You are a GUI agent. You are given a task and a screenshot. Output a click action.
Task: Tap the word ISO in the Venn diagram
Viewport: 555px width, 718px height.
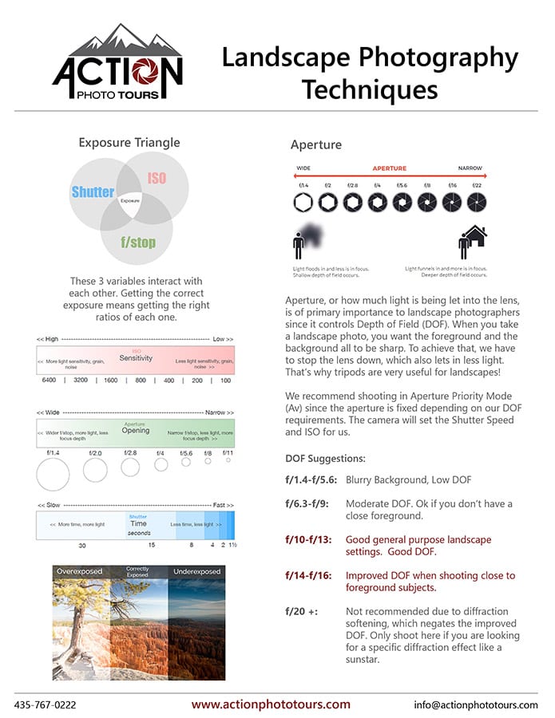(x=157, y=177)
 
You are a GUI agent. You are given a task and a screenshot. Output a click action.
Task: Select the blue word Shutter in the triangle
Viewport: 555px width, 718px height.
(x=93, y=192)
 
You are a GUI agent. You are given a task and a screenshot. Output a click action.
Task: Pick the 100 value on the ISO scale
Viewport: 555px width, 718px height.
(x=225, y=381)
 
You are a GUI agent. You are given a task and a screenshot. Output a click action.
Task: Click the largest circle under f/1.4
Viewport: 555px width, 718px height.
(x=54, y=475)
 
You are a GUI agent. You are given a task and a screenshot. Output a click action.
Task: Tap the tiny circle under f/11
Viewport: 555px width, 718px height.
(x=228, y=460)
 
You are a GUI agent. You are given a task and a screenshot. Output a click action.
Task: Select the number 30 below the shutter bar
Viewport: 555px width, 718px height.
(x=82, y=546)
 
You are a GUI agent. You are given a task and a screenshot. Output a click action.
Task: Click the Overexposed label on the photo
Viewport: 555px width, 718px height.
(x=80, y=571)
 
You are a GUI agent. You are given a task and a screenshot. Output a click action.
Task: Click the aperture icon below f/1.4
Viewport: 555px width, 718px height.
(x=303, y=203)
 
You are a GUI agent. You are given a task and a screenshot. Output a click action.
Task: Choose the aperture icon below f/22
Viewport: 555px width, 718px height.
(x=477, y=203)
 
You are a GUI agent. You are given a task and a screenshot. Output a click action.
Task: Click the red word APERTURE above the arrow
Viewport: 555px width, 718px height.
(x=389, y=168)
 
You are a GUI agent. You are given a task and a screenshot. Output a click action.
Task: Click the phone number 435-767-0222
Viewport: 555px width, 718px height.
(x=46, y=705)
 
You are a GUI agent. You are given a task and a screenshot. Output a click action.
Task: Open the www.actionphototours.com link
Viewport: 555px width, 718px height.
(x=271, y=704)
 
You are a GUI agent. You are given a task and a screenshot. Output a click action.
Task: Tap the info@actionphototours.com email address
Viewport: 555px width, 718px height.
(x=476, y=705)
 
